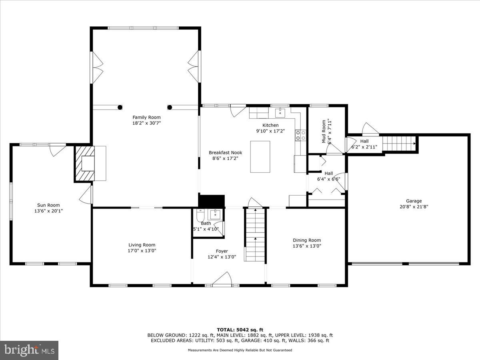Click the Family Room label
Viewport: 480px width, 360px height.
pos(146,117)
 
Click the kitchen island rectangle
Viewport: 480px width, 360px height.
pos(260,156)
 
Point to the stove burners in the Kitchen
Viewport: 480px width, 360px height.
pos(300,136)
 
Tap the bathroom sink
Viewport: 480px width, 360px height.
pos(216,214)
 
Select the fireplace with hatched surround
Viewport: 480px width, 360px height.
pos(85,164)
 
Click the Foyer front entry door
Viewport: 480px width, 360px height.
pos(222,279)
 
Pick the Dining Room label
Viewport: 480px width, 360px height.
pos(307,240)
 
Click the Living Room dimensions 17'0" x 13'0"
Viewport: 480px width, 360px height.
pos(142,251)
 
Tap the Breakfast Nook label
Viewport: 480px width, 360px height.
pos(225,152)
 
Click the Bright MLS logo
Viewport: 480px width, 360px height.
pos(29,350)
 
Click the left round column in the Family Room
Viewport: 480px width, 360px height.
pos(120,107)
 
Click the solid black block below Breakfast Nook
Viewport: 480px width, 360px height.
pos(212,201)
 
